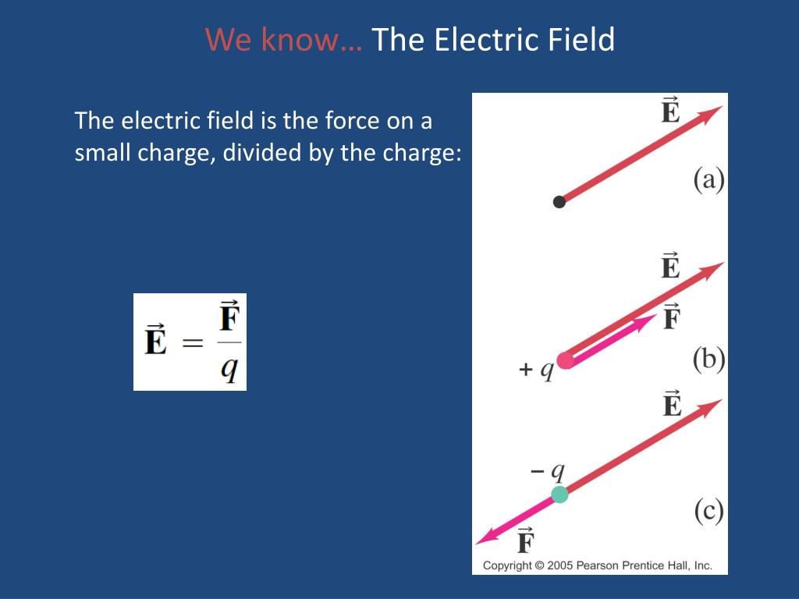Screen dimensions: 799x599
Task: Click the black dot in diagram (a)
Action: click(559, 202)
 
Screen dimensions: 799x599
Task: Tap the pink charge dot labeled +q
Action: click(566, 360)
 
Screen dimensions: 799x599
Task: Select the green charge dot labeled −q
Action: click(559, 494)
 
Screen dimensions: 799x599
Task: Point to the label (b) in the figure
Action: click(709, 360)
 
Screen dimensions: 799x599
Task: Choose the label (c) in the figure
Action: click(709, 512)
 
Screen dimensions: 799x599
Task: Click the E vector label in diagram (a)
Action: click(670, 111)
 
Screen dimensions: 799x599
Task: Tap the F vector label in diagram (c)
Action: click(525, 541)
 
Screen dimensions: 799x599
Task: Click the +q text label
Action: click(536, 370)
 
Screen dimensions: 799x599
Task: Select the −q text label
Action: click(547, 471)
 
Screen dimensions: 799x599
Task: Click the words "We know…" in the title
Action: click(284, 40)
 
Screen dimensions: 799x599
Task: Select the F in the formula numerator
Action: click(229, 317)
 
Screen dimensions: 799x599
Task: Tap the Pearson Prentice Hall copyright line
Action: click(597, 565)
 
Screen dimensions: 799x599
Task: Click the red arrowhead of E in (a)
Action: click(711, 114)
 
